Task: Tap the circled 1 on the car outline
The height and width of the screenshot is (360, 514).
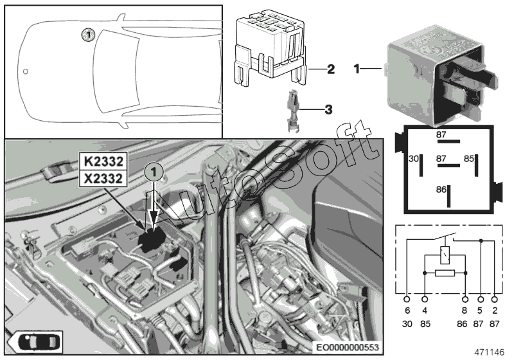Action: pyautogui.click(x=88, y=33)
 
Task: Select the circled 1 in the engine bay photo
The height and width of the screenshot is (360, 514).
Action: pyautogui.click(x=154, y=172)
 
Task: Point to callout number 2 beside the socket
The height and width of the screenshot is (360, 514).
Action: pyautogui.click(x=331, y=68)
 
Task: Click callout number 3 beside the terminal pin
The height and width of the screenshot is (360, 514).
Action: pyautogui.click(x=328, y=110)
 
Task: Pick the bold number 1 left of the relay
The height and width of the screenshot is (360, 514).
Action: pyautogui.click(x=357, y=67)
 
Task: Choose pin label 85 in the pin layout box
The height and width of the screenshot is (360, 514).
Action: pyautogui.click(x=469, y=157)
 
